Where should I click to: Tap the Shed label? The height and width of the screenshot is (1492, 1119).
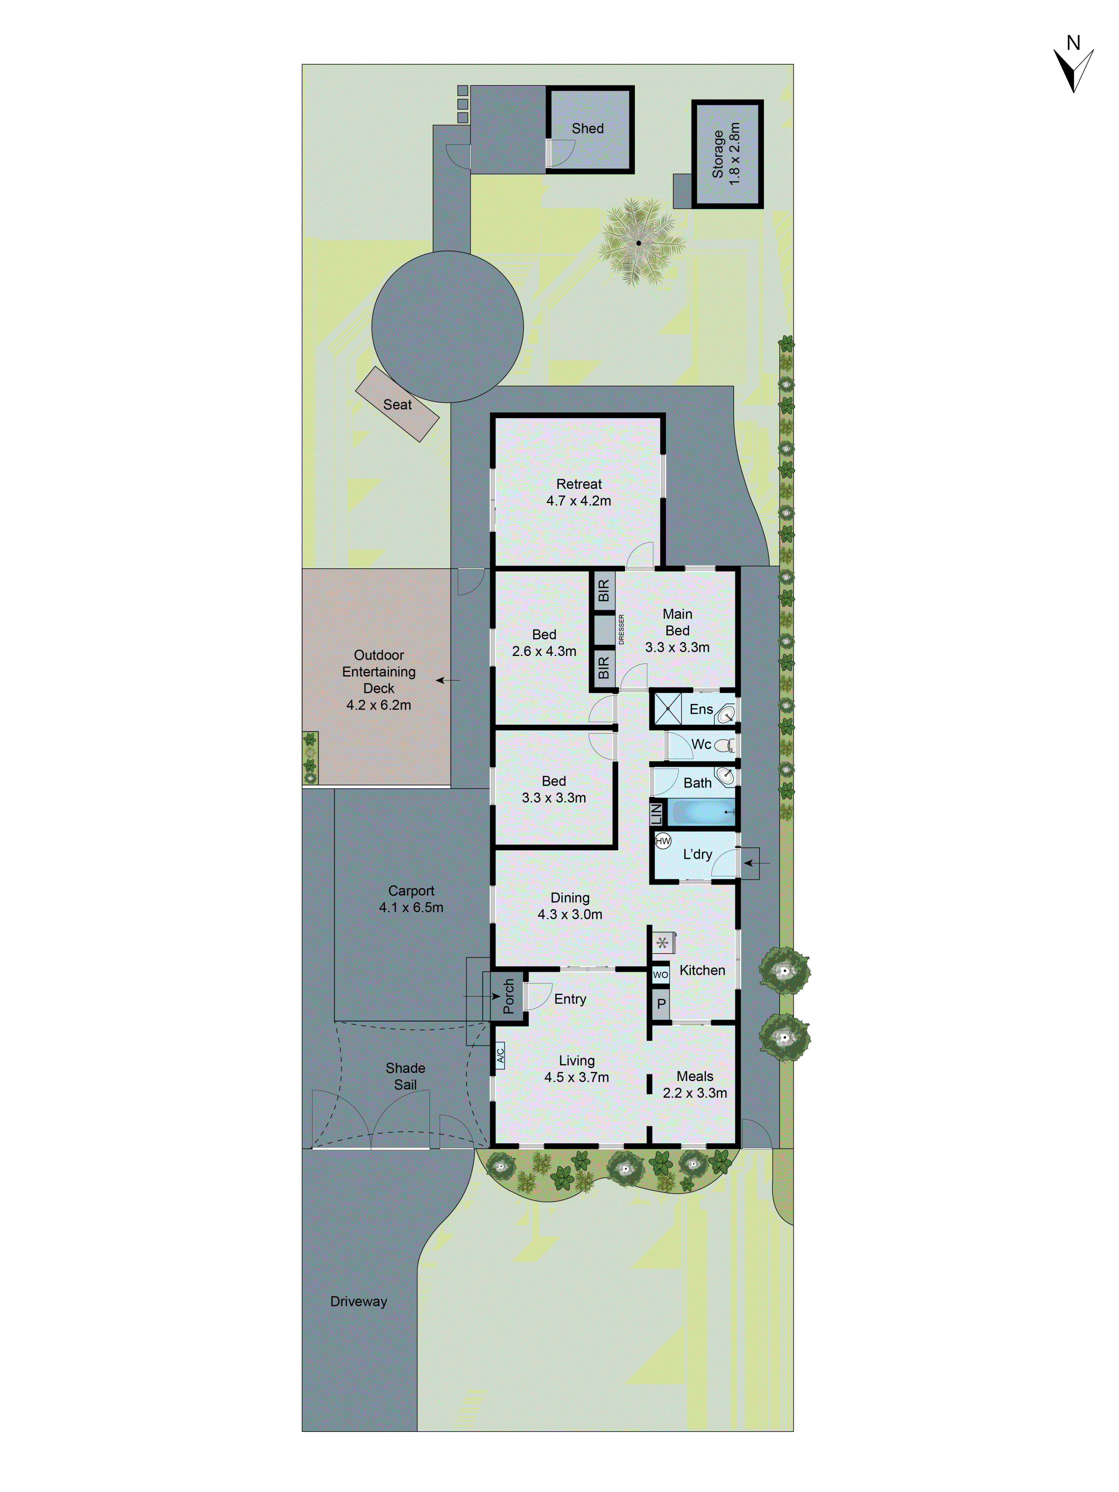click(x=587, y=128)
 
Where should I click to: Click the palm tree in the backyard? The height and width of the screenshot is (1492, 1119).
click(x=638, y=242)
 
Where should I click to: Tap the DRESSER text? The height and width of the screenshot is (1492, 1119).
click(x=621, y=629)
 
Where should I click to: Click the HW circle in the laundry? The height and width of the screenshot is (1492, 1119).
click(x=663, y=841)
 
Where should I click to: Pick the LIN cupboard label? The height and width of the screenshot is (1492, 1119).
click(x=656, y=813)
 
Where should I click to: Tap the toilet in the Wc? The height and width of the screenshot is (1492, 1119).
click(x=723, y=745)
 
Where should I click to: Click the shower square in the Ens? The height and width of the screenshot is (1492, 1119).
click(x=668, y=709)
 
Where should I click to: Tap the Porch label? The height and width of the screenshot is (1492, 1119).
click(x=508, y=996)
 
